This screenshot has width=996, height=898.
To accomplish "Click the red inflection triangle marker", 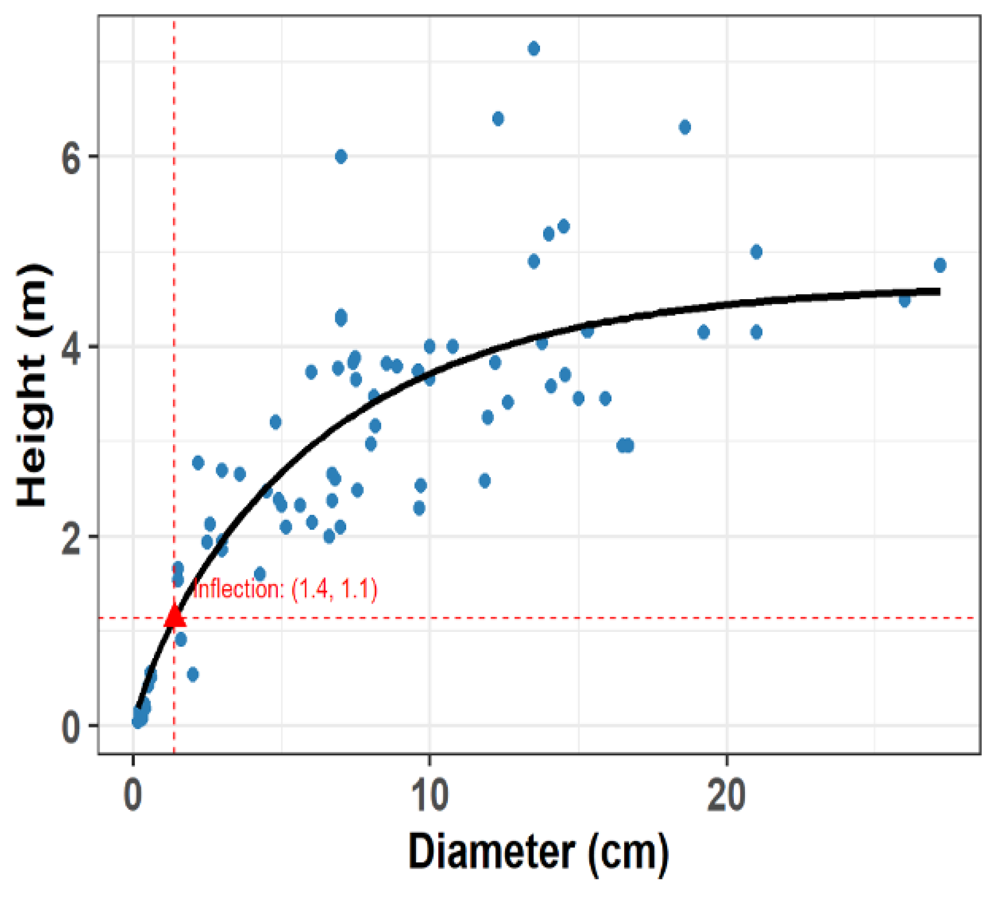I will pos(174,616).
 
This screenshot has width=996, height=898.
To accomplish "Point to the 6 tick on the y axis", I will pos(71,157).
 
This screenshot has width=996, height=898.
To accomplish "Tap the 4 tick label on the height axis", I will pos(71,347).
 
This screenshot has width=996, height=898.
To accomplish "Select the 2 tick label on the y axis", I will pos(71,536).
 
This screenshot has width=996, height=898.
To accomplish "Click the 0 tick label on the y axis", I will pos(71,726).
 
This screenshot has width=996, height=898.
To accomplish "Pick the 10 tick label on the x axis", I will pos(430,796).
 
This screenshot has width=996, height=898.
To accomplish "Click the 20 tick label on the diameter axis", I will pos(726,796).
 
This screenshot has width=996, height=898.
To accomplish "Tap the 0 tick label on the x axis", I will pos(132,796).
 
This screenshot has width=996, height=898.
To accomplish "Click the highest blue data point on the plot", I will pos(533,49).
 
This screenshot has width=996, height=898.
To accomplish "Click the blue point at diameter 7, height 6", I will pos(341,157).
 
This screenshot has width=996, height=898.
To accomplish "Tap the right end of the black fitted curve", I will pos(939,292).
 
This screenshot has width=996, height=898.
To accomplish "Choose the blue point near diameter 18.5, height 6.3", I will pos(685,127).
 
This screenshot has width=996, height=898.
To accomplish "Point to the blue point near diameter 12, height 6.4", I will pos(498,119).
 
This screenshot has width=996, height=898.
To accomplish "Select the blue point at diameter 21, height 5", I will pos(756,252).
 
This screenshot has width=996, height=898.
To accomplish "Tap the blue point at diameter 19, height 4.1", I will pos(704,333).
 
